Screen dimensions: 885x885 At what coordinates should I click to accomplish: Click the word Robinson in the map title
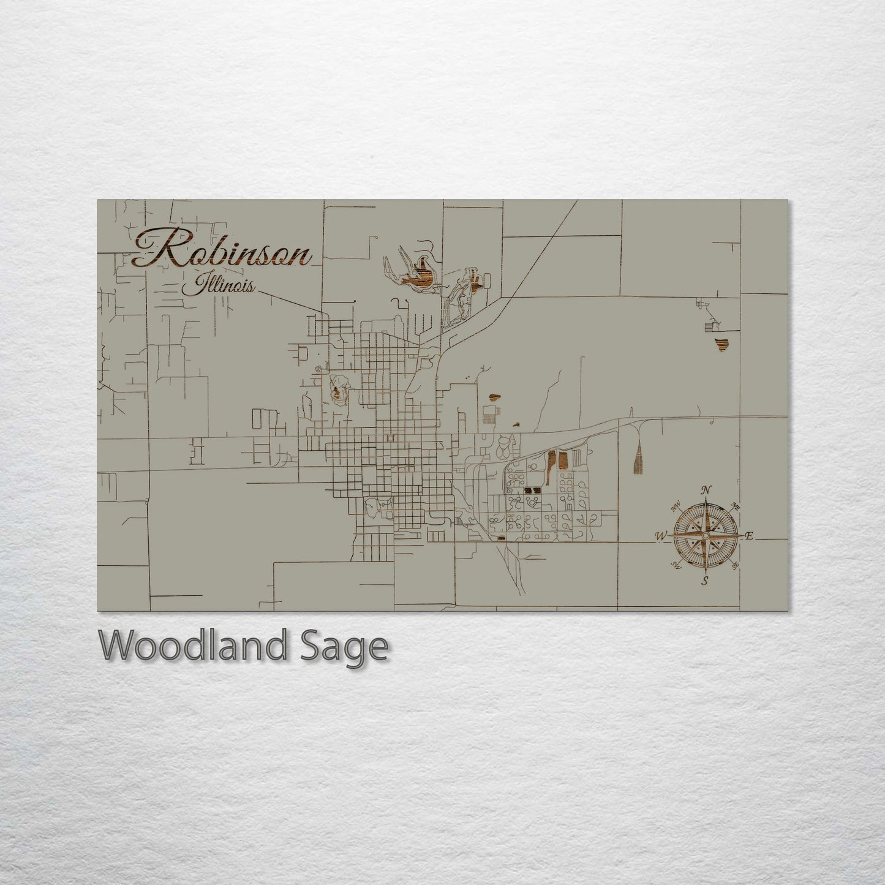[222, 250]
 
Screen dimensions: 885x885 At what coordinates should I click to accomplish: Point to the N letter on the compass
[706, 490]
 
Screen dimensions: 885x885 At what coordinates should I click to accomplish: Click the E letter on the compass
[748, 537]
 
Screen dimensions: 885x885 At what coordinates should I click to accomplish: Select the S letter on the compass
[705, 581]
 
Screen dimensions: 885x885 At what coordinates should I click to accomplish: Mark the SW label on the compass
[677, 565]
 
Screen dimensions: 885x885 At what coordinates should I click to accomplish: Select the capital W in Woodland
[115, 646]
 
